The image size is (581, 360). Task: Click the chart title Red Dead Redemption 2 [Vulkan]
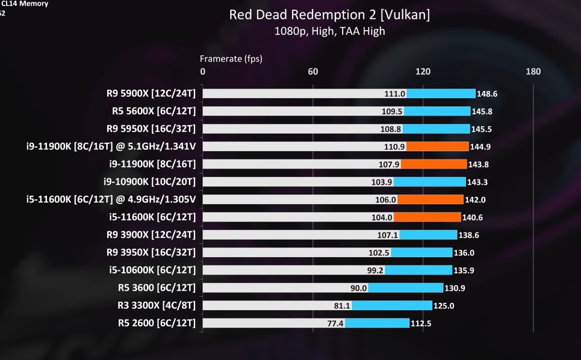[x=329, y=14]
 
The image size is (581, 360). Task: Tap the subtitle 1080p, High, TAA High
[x=329, y=31]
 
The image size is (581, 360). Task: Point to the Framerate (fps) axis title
[x=231, y=58]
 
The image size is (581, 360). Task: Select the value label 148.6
[x=487, y=94]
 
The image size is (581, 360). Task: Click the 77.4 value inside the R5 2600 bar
[x=335, y=323]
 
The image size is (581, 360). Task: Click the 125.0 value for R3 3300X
[x=444, y=306]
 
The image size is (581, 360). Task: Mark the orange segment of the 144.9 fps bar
[x=438, y=146]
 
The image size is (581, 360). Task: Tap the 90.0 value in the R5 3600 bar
[x=359, y=288]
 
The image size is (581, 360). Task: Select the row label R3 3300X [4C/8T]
[x=158, y=305]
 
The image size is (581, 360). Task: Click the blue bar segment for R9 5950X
[x=436, y=129]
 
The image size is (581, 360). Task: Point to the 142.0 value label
[x=475, y=199]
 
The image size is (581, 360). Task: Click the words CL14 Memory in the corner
[x=25, y=4]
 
